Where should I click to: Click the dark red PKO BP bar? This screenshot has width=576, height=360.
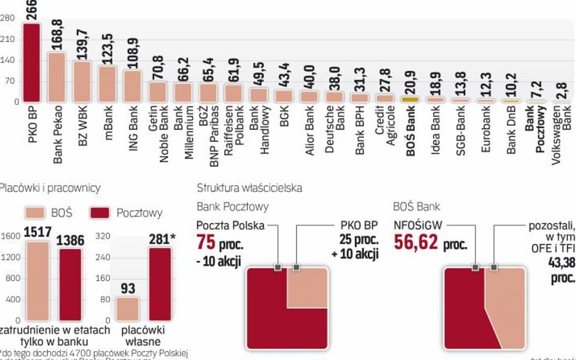tap(31, 63)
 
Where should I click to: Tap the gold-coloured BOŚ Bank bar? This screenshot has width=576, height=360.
tap(411, 99)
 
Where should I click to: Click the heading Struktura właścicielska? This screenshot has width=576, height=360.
tap(249, 188)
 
